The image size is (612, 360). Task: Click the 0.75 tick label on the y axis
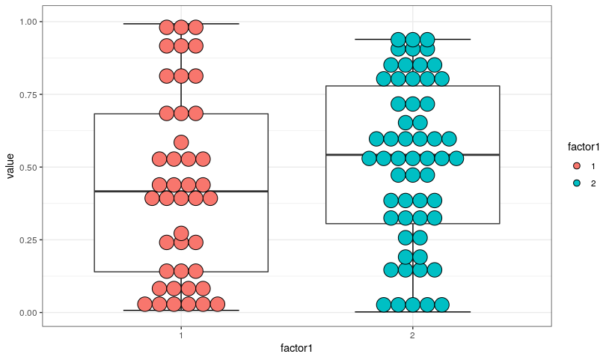click(x=28, y=94)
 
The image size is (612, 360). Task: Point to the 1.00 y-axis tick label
click(x=28, y=22)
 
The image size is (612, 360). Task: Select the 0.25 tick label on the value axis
click(x=28, y=240)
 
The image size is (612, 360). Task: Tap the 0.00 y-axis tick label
click(x=28, y=313)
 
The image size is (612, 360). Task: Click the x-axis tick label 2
click(x=412, y=335)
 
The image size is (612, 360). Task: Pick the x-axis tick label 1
click(x=181, y=335)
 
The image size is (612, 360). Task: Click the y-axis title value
click(x=10, y=166)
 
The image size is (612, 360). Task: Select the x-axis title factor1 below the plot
click(x=296, y=348)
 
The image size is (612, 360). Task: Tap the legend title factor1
click(x=584, y=147)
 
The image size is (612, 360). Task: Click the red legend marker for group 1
click(x=577, y=166)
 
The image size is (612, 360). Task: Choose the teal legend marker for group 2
click(x=577, y=183)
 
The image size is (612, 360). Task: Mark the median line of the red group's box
click(x=181, y=192)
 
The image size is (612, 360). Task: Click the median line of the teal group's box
click(x=412, y=155)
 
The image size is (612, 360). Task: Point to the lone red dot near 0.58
click(x=181, y=142)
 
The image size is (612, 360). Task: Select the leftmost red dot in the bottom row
click(x=145, y=304)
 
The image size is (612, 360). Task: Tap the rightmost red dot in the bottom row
click(x=218, y=304)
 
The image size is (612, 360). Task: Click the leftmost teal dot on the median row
click(x=370, y=159)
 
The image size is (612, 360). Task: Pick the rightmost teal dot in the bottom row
click(x=442, y=305)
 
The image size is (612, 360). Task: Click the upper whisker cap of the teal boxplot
click(x=412, y=40)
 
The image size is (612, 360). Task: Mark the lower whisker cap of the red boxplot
click(x=181, y=311)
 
